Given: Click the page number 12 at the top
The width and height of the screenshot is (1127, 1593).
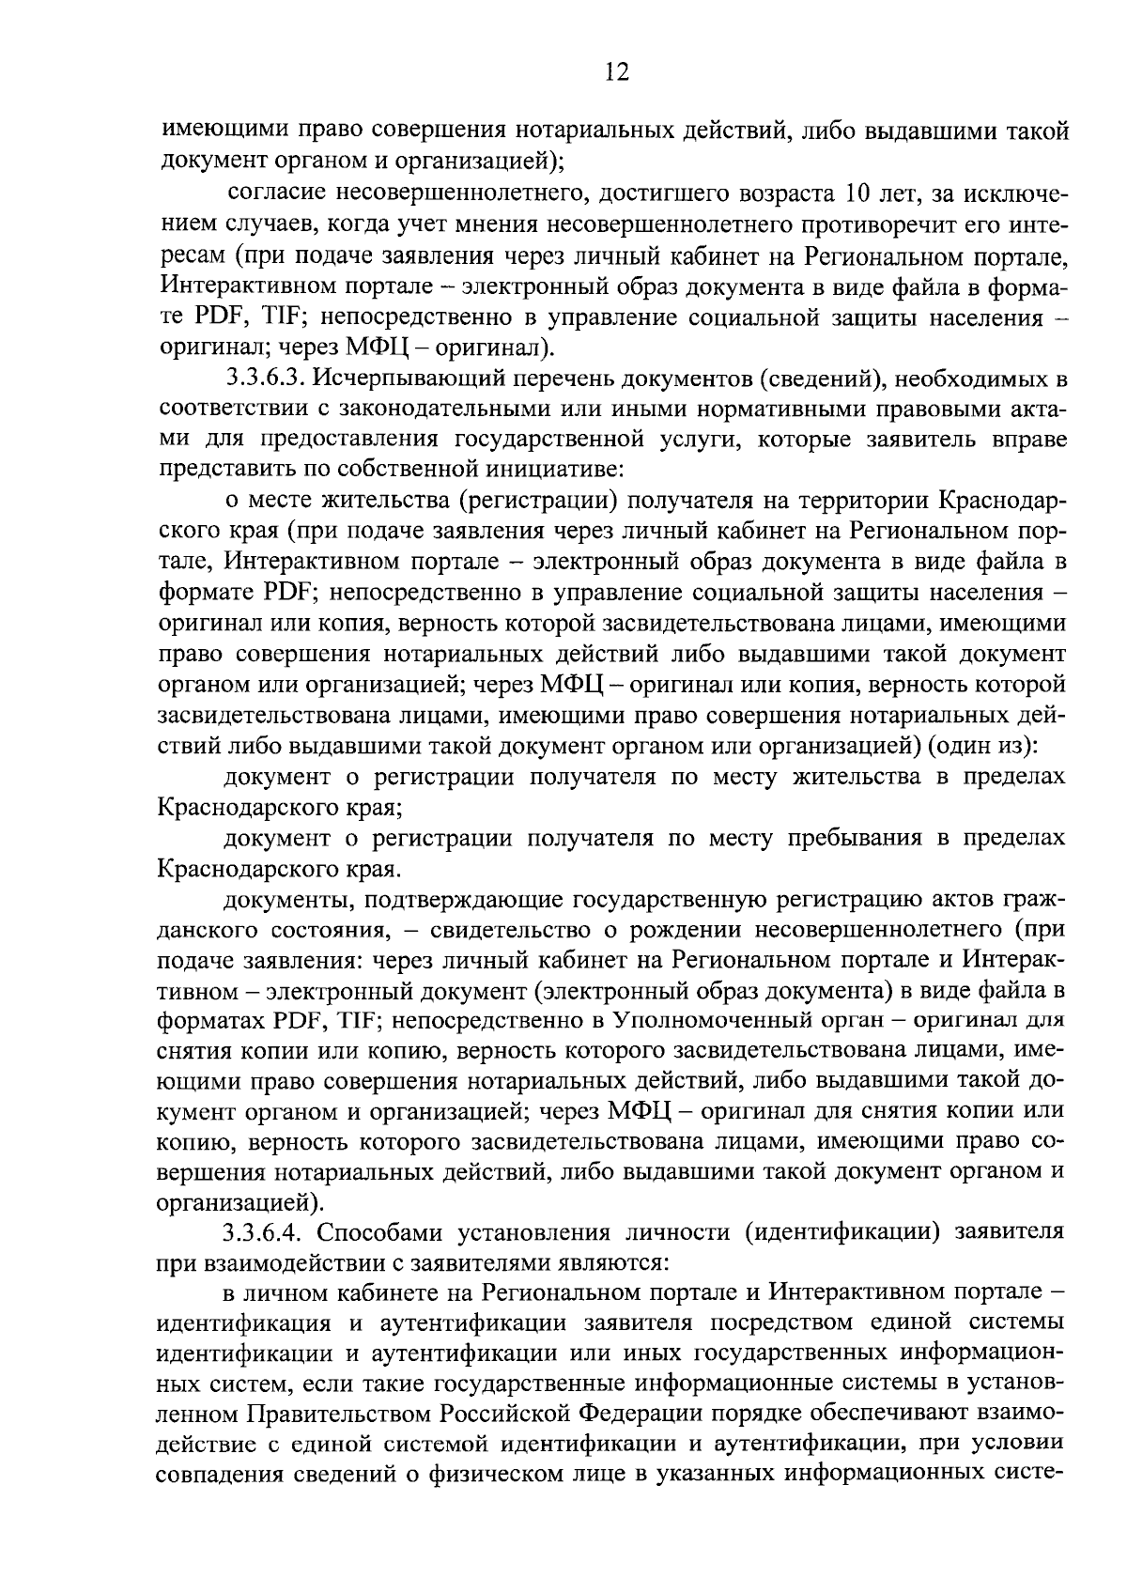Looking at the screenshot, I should point(616,72).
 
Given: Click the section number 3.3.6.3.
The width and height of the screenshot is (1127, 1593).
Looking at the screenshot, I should point(265,379).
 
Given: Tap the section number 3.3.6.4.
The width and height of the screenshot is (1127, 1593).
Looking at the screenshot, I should point(265,1231).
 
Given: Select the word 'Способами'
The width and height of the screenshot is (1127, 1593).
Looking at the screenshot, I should point(394,1231).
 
